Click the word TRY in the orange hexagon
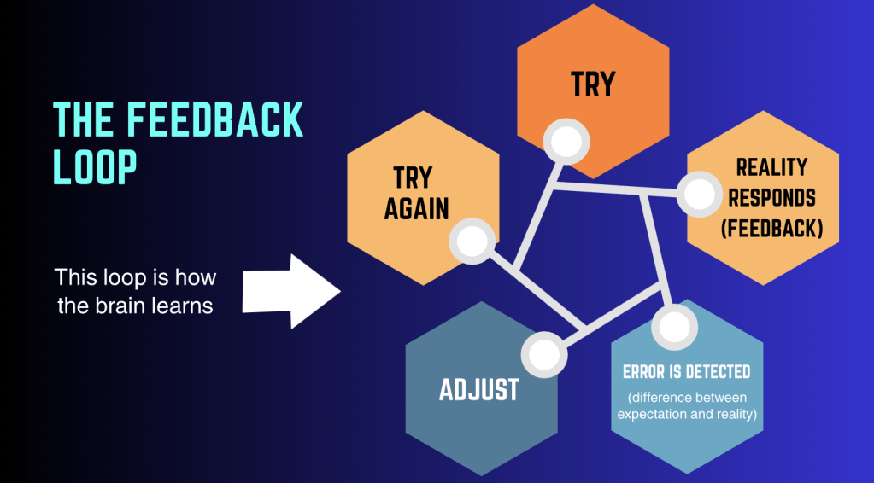[x=593, y=84]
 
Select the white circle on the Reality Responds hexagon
[x=701, y=194]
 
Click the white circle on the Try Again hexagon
[x=471, y=241]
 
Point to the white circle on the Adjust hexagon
[x=543, y=354]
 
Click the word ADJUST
[x=479, y=390]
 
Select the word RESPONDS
[x=771, y=198]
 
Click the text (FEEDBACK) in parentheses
[x=771, y=229]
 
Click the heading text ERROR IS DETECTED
[x=686, y=372]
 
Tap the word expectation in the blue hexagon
[x=652, y=415]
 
